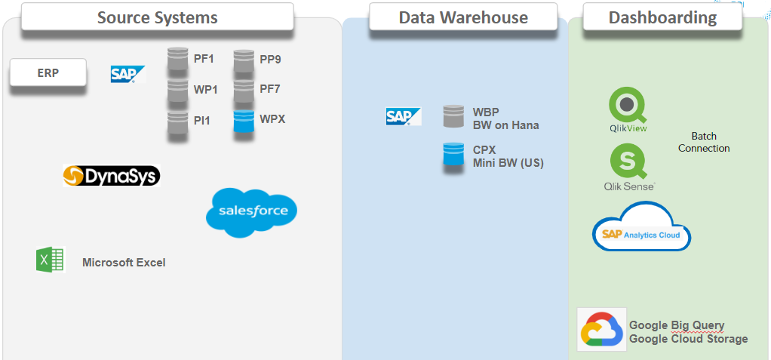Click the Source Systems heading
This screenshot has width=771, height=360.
pyautogui.click(x=157, y=17)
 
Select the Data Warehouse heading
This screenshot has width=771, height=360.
pyautogui.click(x=463, y=17)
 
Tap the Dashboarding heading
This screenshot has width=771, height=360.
pyautogui.click(x=662, y=17)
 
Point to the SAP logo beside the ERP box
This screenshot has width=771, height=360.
pyautogui.click(x=126, y=74)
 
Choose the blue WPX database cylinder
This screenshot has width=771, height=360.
pyautogui.click(x=243, y=122)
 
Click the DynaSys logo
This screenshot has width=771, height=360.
pyautogui.click(x=112, y=176)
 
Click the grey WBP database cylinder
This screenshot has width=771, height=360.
pyautogui.click(x=453, y=117)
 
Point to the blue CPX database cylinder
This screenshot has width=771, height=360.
pyautogui.click(x=453, y=155)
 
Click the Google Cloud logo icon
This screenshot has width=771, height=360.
pyautogui.click(x=601, y=330)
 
